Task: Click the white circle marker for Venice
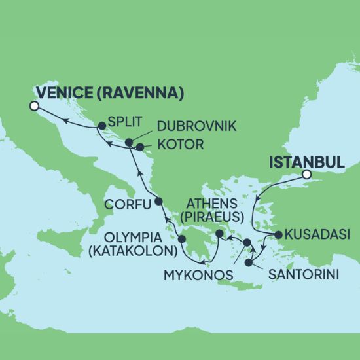click(x=35, y=106)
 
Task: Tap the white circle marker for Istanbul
click(x=306, y=175)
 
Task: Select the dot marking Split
click(x=102, y=125)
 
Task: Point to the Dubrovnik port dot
click(x=129, y=142)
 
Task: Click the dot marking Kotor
click(x=140, y=147)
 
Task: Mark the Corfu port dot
click(x=158, y=201)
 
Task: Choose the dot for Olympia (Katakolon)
click(x=182, y=239)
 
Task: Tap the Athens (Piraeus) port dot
click(x=220, y=234)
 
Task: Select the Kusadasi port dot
click(x=278, y=234)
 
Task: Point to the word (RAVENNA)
click(x=140, y=92)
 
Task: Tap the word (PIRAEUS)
click(x=215, y=215)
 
